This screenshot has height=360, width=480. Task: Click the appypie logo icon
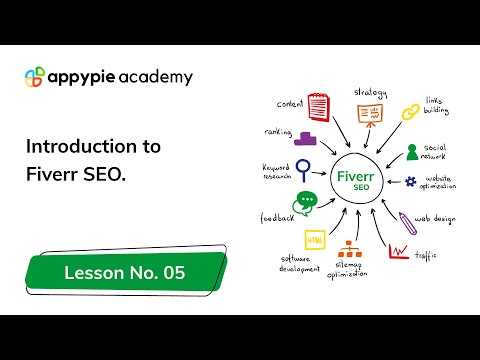34,77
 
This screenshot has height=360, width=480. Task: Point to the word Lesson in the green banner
92,272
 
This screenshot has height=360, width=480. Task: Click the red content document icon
318,107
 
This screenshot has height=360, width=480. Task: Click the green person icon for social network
412,152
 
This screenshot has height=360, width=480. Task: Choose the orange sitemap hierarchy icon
351,250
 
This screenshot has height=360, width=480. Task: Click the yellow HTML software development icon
314,240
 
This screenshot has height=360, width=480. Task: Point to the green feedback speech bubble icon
305,201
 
